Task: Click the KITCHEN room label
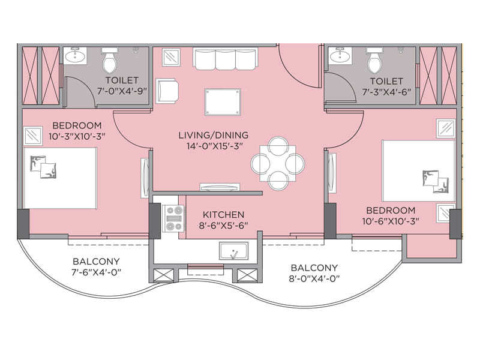point(223,214)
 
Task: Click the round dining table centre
point(277,163)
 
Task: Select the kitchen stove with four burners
point(174,218)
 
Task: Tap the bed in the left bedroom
point(60,178)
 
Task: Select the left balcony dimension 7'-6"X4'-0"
point(96,273)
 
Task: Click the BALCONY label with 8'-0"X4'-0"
point(314,268)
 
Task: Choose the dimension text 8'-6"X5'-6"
point(223,225)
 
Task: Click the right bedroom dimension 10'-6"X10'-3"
point(391,221)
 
